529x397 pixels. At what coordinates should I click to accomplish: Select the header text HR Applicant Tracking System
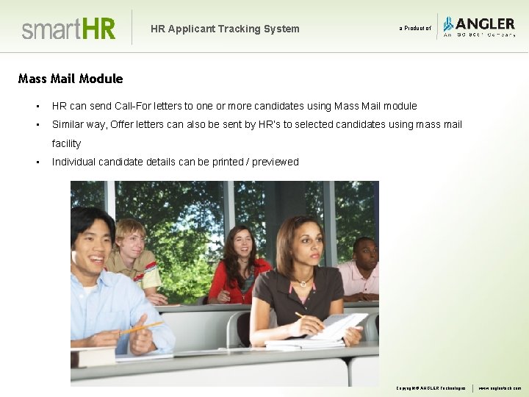(x=225, y=29)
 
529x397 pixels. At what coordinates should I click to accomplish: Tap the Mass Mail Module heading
(x=71, y=79)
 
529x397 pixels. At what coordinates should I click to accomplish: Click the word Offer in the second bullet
(x=123, y=124)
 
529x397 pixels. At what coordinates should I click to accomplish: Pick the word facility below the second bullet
(x=66, y=143)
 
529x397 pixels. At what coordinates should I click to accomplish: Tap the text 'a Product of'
(x=415, y=29)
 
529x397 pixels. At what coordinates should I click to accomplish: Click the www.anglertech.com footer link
(x=500, y=388)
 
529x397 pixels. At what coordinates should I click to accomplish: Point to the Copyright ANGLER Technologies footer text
(x=431, y=388)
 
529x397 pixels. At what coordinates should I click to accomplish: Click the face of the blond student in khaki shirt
(x=132, y=238)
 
